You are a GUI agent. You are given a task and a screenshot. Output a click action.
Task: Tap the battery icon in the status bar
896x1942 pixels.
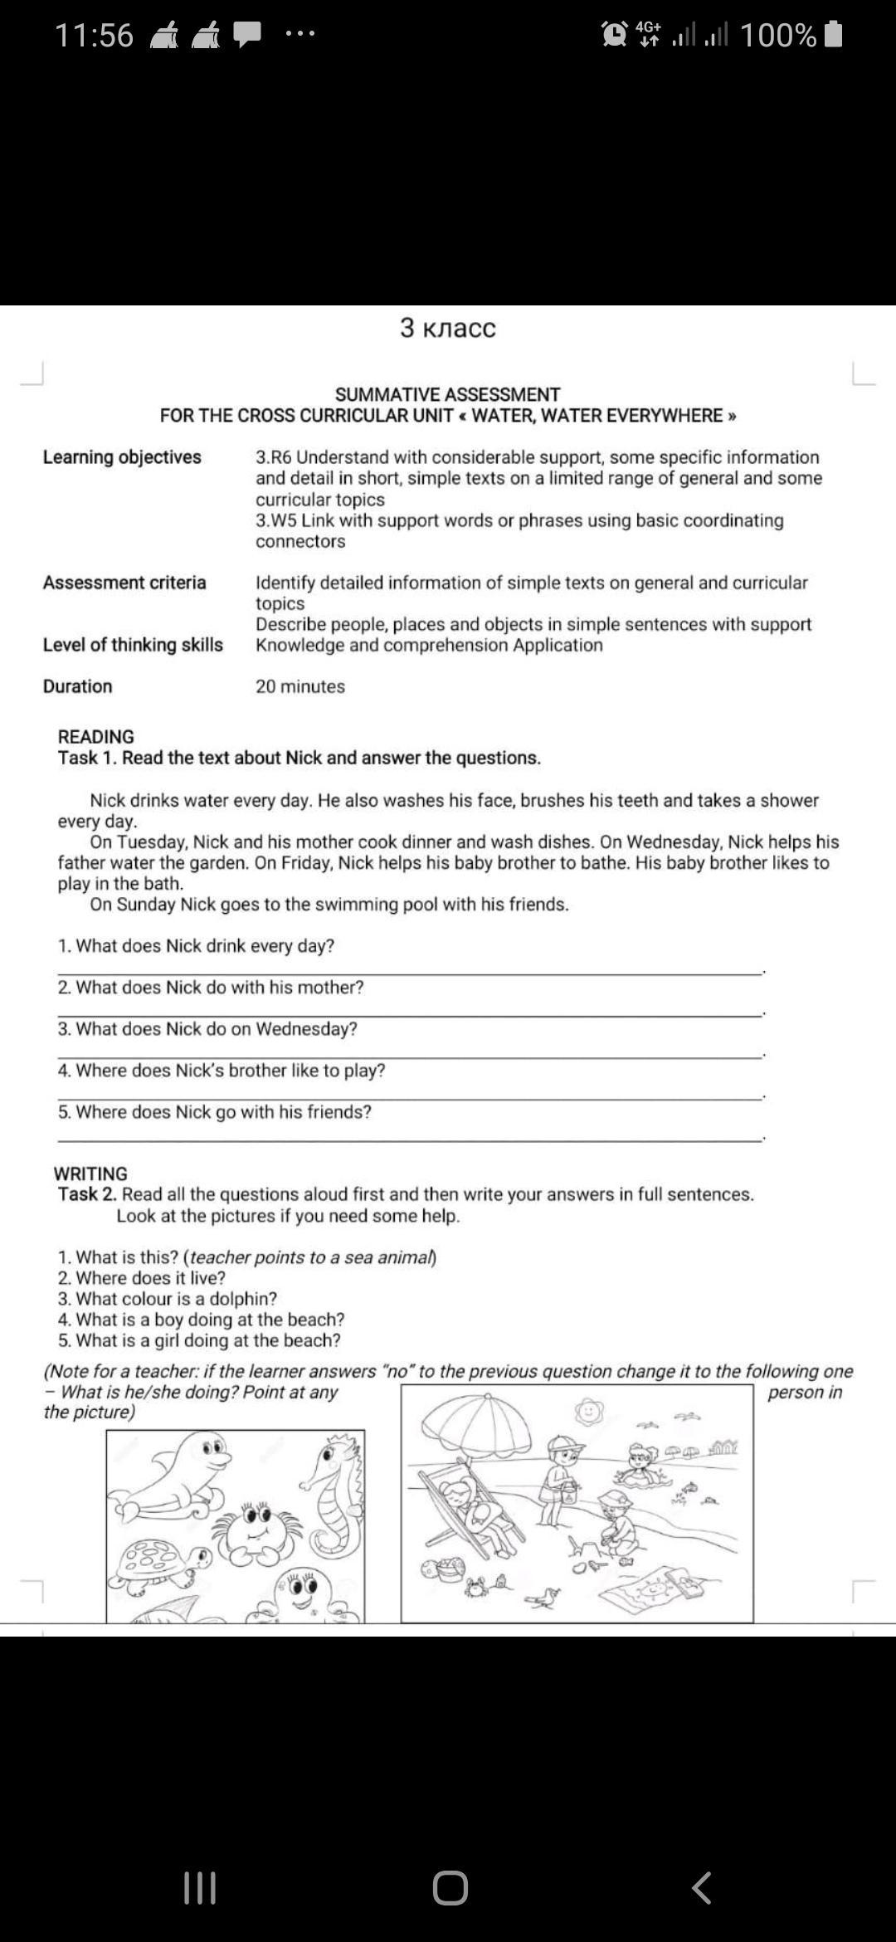click(x=834, y=35)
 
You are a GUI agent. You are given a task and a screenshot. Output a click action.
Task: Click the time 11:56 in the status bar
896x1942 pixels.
click(x=94, y=36)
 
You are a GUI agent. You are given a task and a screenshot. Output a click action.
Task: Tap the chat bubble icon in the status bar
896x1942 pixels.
click(x=247, y=34)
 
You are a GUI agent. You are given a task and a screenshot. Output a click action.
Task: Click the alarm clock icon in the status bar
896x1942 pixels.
click(x=615, y=34)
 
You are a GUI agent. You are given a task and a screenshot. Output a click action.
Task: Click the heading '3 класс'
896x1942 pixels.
click(x=447, y=328)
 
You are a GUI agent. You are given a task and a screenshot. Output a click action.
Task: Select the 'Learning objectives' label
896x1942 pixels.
click(x=122, y=457)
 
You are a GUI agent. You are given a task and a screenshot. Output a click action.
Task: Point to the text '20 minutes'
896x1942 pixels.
click(x=300, y=686)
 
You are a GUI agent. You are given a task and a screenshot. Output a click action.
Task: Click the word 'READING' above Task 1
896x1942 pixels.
click(x=95, y=736)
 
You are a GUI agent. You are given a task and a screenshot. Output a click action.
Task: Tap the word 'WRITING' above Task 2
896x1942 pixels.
click(x=90, y=1173)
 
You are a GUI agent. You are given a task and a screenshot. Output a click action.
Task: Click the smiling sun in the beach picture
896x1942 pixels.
click(x=588, y=1410)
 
